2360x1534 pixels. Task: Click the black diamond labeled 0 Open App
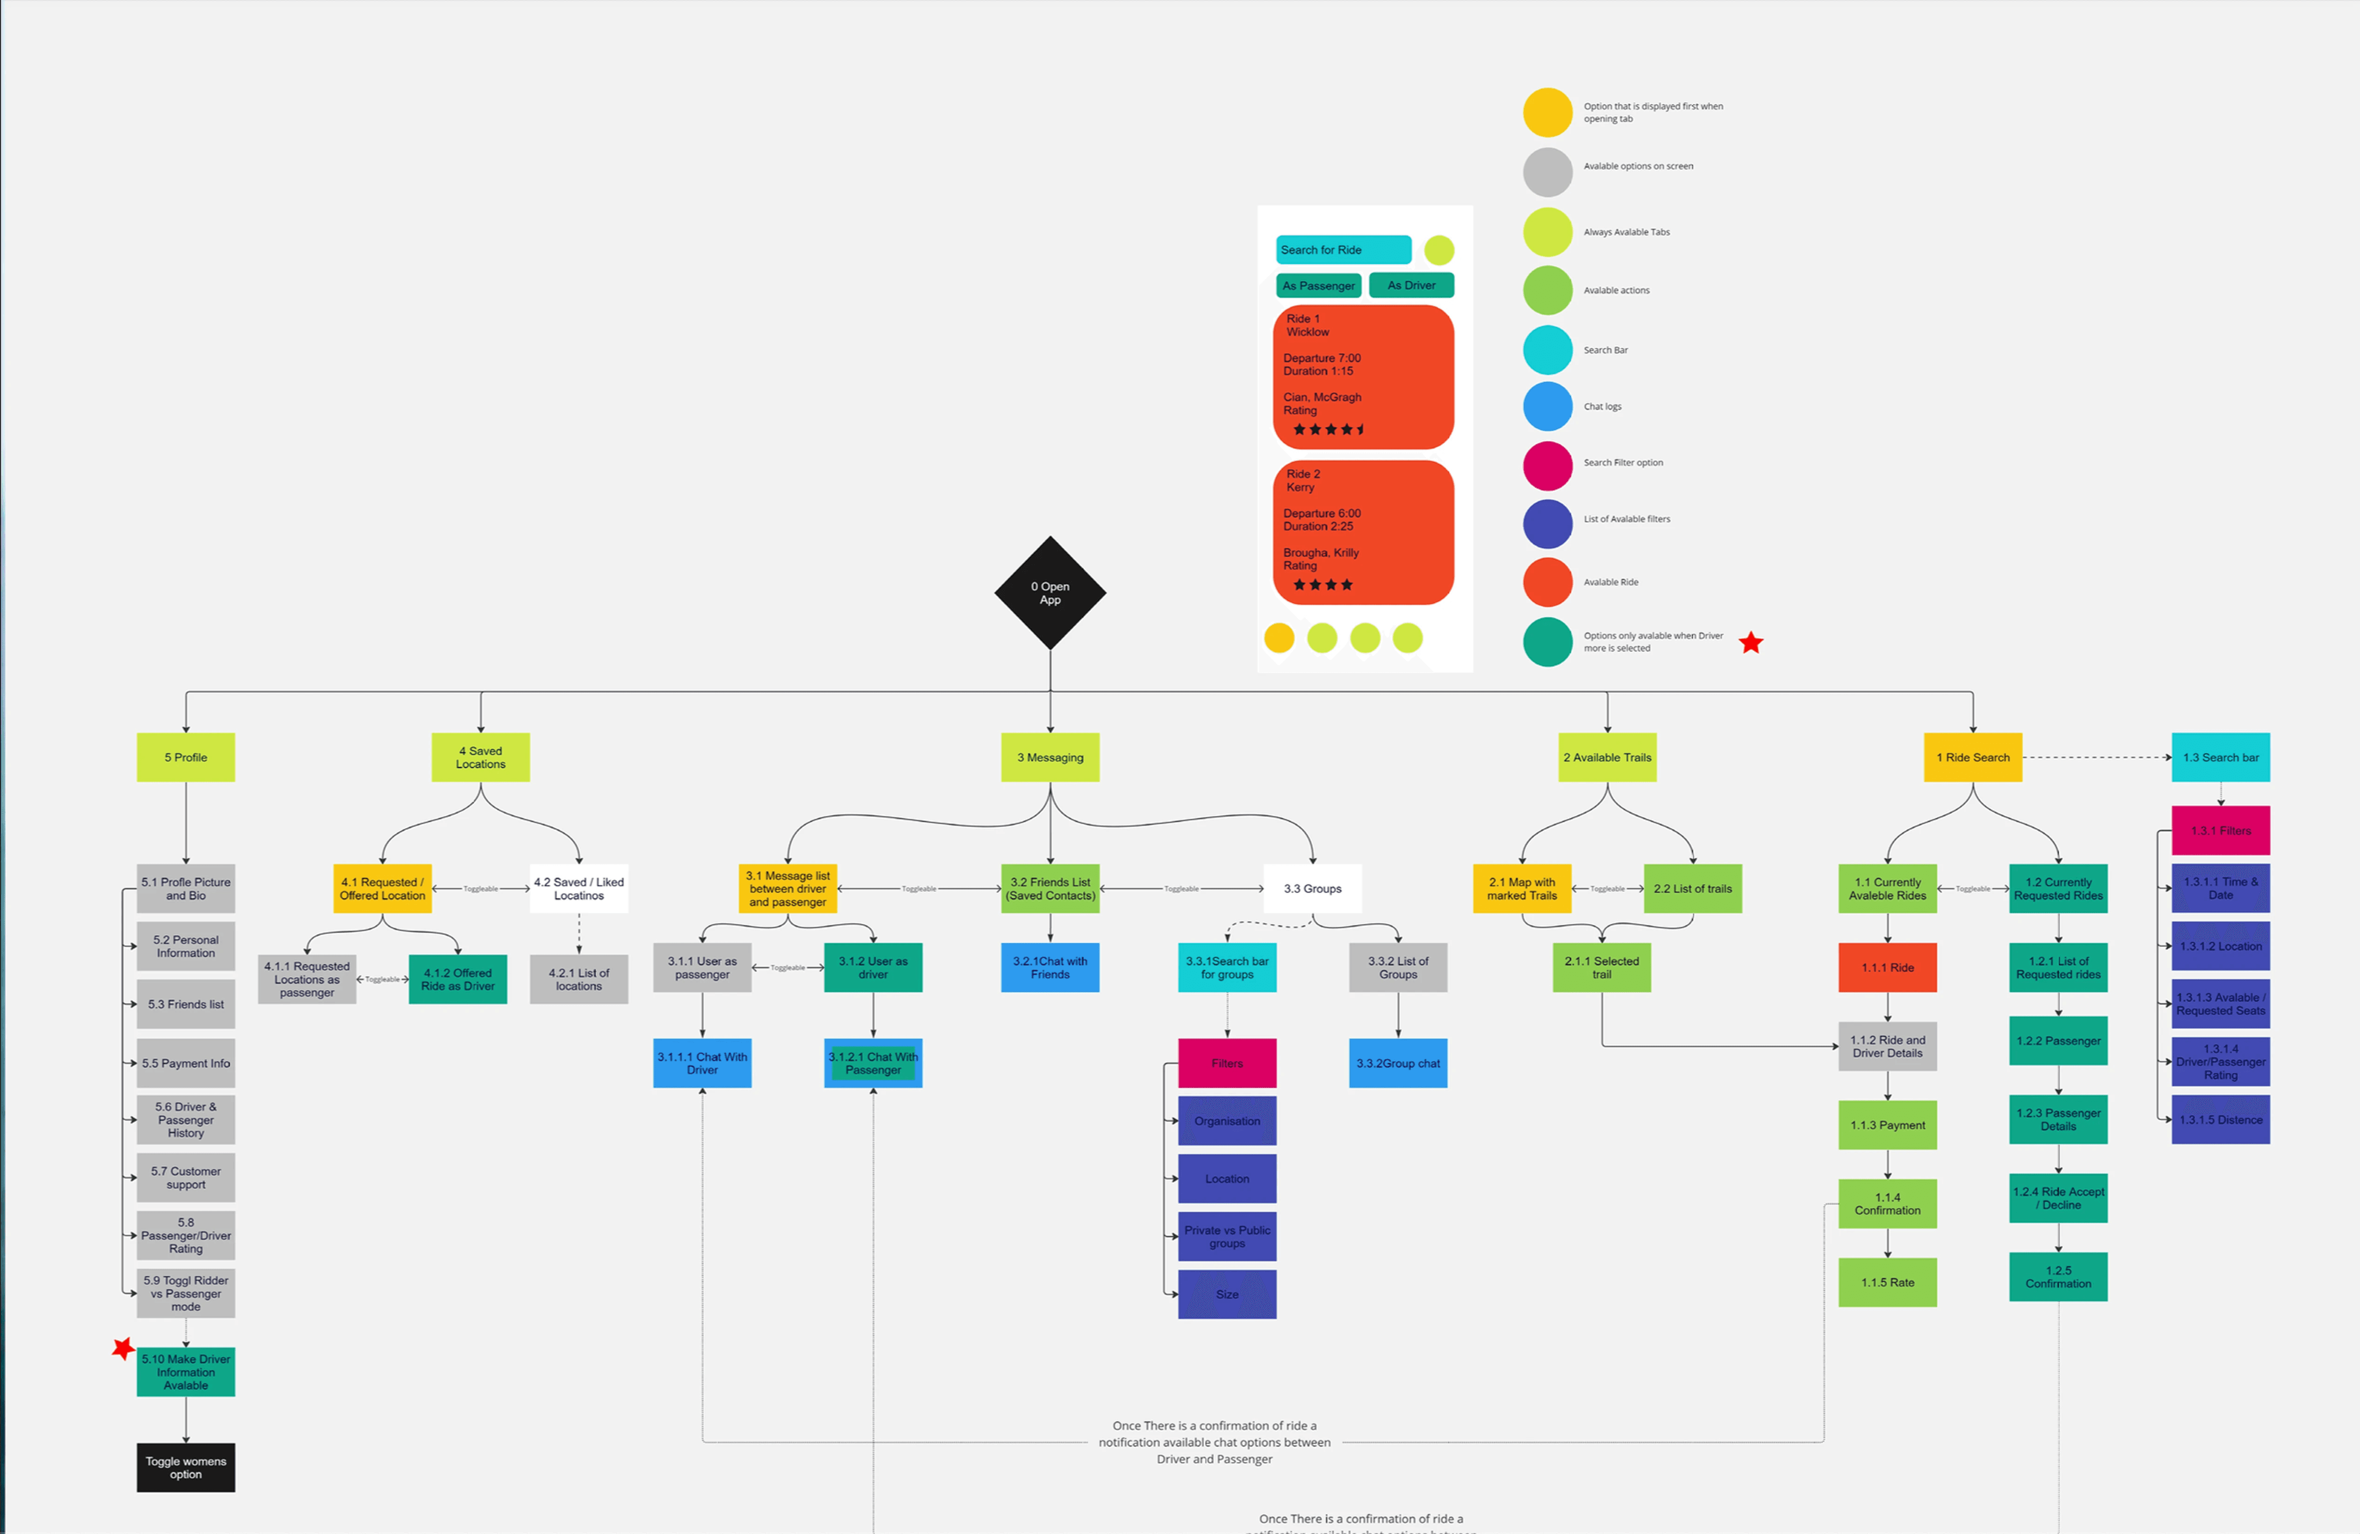click(1050, 593)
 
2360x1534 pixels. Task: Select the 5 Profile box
click(185, 758)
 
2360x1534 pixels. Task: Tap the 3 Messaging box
click(1050, 758)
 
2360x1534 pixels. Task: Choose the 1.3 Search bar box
click(2220, 758)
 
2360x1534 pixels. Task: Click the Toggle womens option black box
click(185, 1467)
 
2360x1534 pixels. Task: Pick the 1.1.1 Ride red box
click(1887, 968)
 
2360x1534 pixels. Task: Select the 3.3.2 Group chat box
click(1398, 1063)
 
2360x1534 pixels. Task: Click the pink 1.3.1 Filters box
click(2220, 831)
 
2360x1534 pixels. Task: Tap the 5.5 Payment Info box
click(185, 1063)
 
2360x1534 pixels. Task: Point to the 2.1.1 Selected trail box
click(1601, 968)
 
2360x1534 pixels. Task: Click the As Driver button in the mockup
click(1411, 286)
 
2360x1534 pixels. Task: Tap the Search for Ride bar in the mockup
click(1343, 250)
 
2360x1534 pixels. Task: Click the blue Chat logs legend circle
click(1547, 407)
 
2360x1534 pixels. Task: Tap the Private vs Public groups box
click(1227, 1237)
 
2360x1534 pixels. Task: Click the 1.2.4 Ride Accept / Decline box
click(2057, 1198)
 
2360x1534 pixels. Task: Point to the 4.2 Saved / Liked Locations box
click(579, 888)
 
